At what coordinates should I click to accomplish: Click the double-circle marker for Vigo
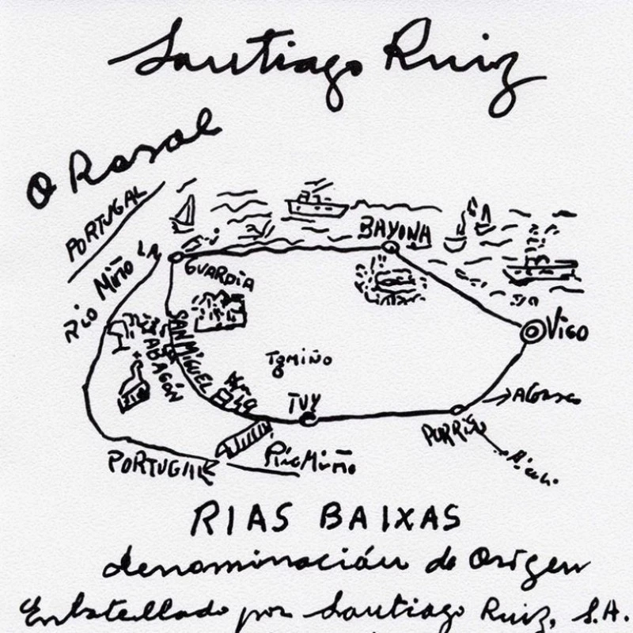tap(531, 331)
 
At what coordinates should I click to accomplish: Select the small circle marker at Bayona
tap(389, 248)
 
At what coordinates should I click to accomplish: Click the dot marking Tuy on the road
tap(309, 418)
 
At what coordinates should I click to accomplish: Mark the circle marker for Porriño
tap(456, 410)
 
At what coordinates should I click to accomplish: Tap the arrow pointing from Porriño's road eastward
tap(495, 397)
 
